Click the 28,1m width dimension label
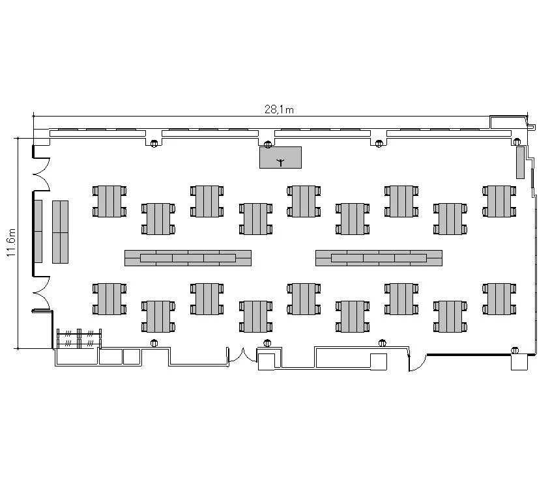point(279,109)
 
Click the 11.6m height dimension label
point(11,242)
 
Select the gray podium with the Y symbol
point(280,158)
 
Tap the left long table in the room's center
point(188,258)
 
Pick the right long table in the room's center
point(379,258)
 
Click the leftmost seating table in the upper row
point(109,201)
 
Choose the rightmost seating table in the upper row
point(499,201)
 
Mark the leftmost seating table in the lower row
point(109,299)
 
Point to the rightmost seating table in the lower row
point(499,299)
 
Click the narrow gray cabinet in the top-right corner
point(520,163)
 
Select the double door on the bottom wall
point(242,355)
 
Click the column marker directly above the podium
point(268,145)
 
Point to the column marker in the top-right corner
point(517,142)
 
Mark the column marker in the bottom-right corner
point(515,350)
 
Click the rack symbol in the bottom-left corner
point(80,338)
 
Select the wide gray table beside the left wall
point(61,232)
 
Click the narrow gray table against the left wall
point(38,231)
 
